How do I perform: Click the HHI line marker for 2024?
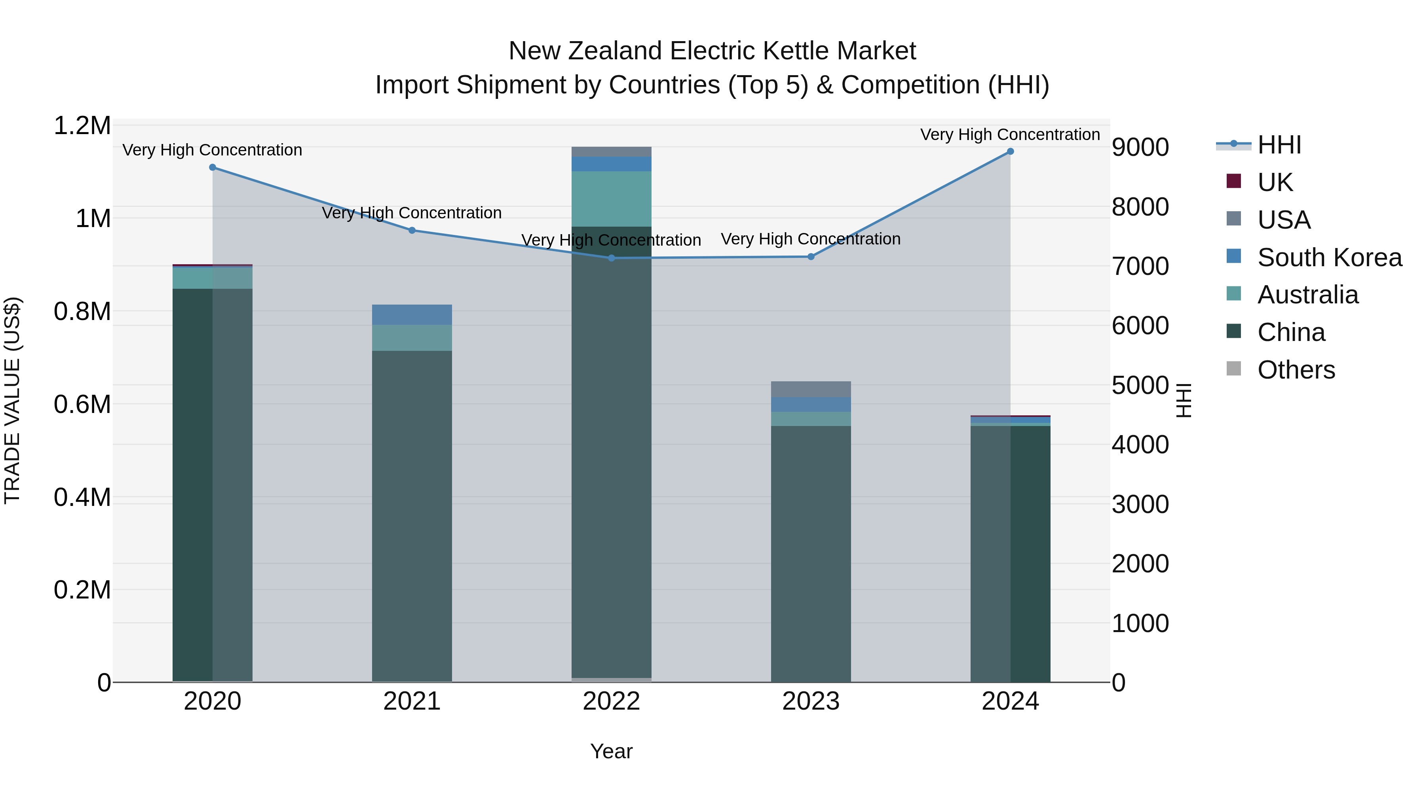click(x=1010, y=151)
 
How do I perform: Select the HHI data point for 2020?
click(x=213, y=167)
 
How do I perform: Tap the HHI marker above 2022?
click(x=611, y=258)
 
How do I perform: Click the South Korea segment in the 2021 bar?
click(x=412, y=314)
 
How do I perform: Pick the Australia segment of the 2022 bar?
click(x=611, y=199)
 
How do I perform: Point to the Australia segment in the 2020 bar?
click(x=213, y=278)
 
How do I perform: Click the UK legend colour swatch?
click(x=1233, y=181)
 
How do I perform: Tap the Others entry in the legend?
click(x=1296, y=370)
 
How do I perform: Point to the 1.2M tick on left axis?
click(x=82, y=126)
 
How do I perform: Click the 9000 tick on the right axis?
click(x=1140, y=148)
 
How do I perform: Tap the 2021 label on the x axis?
click(x=412, y=701)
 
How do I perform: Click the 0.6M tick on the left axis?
click(x=82, y=405)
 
